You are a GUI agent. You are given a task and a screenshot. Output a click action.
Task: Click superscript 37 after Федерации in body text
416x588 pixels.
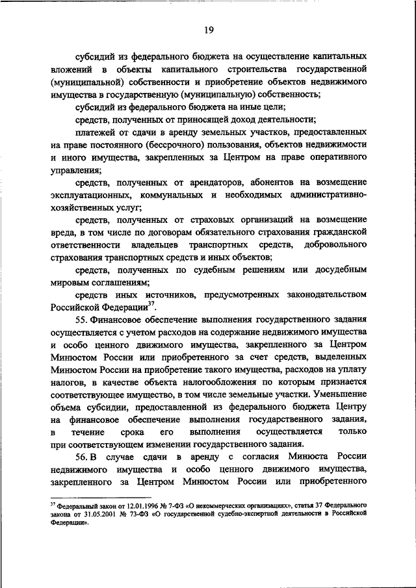pyautogui.click(x=150, y=305)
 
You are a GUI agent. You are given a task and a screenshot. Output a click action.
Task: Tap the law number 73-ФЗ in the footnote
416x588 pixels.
pyautogui.click(x=141, y=513)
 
